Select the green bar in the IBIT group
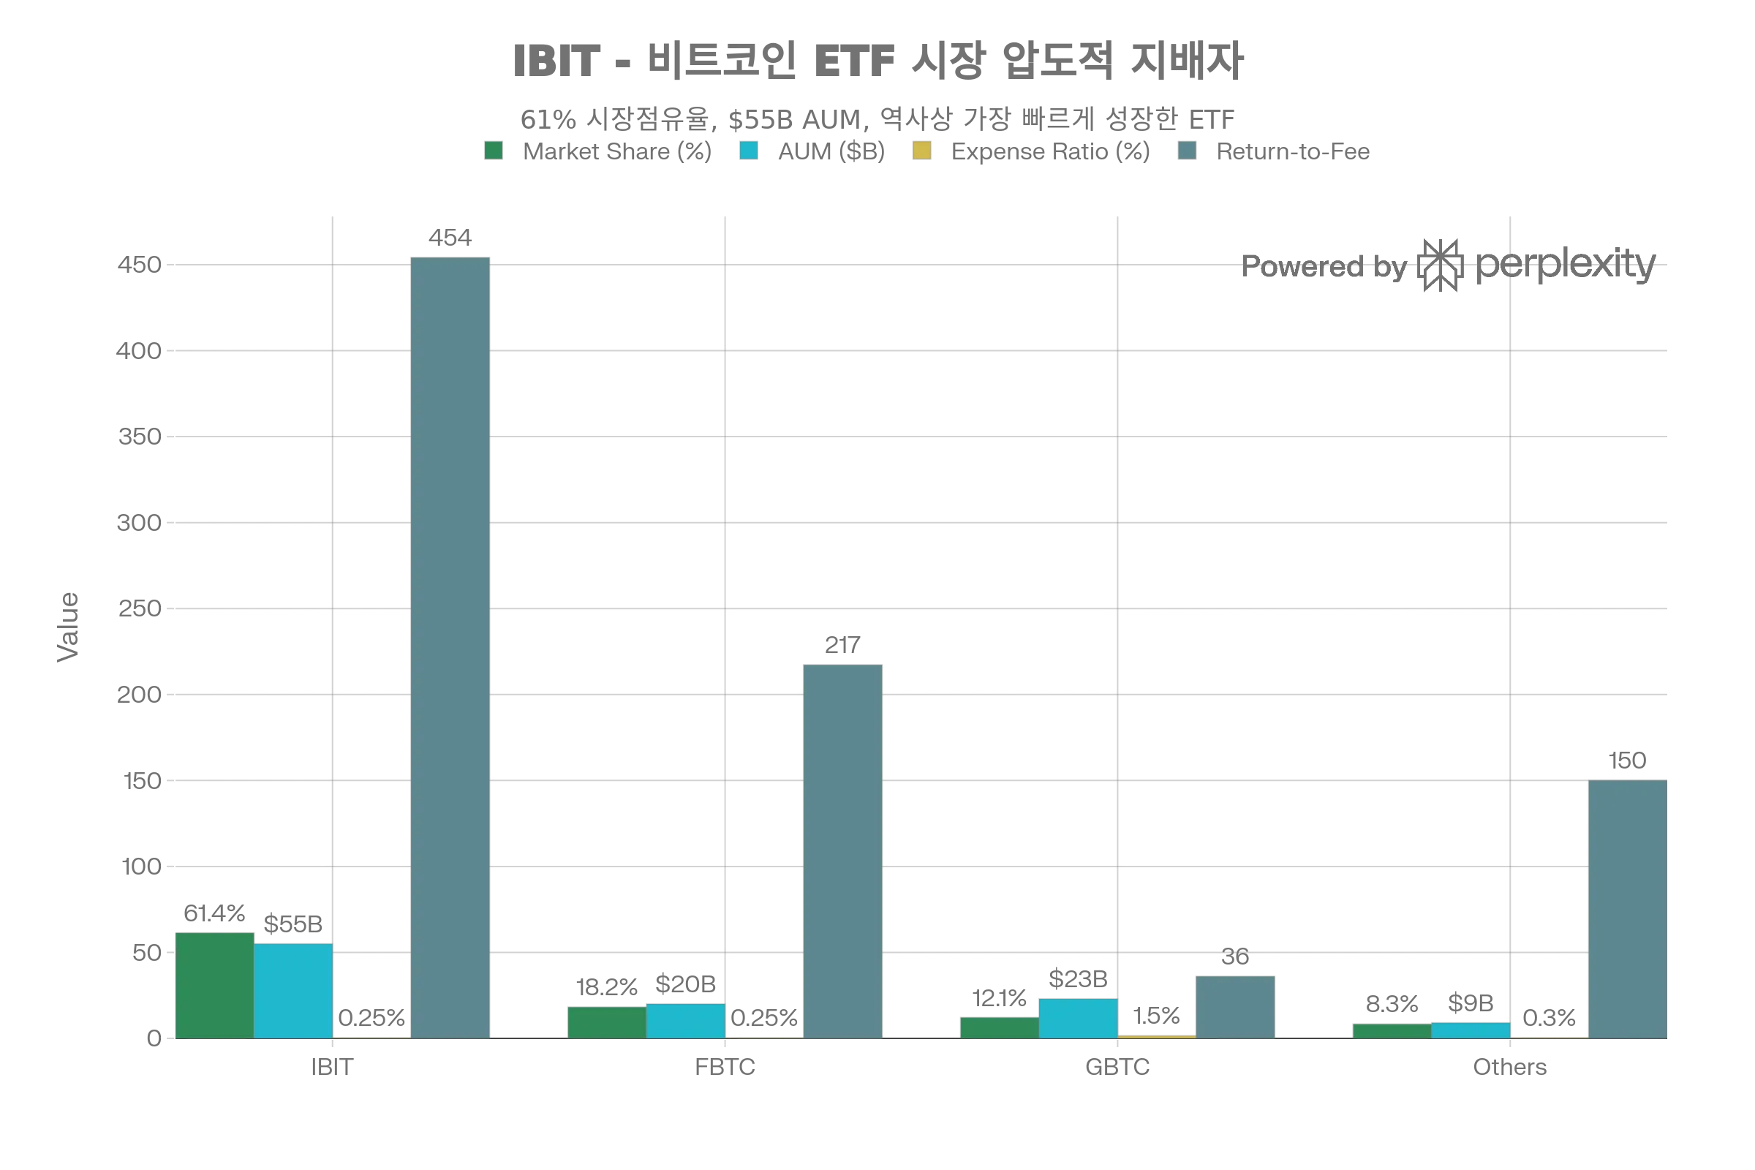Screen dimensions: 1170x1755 click(215, 984)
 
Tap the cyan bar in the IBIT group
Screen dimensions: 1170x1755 click(293, 990)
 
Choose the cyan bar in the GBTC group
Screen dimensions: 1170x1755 click(1077, 1018)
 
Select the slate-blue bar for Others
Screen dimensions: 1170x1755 click(1626, 908)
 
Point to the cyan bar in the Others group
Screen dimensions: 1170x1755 click(1470, 1030)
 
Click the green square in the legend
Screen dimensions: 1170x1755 click(491, 152)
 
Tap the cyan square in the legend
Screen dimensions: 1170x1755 click(747, 152)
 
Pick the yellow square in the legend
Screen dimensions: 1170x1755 click(921, 152)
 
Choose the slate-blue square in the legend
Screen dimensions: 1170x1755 click(1187, 152)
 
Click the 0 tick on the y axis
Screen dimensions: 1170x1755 click(154, 1038)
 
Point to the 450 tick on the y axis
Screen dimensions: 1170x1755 click(140, 265)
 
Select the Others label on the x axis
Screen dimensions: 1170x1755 click(1511, 1067)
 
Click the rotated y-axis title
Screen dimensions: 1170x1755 click(68, 627)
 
